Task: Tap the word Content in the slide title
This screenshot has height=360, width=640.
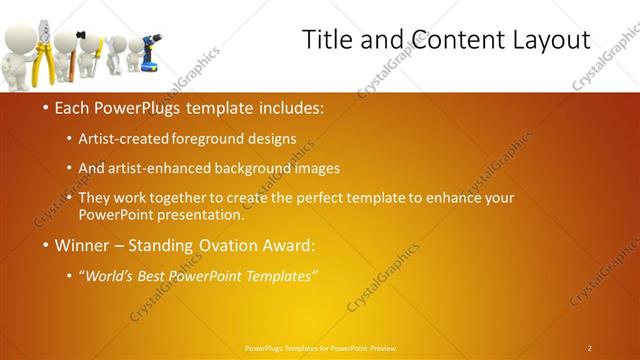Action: coord(447,40)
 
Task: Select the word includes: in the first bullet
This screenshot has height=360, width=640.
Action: coord(289,107)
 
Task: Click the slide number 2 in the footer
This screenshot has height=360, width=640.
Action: coord(590,347)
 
